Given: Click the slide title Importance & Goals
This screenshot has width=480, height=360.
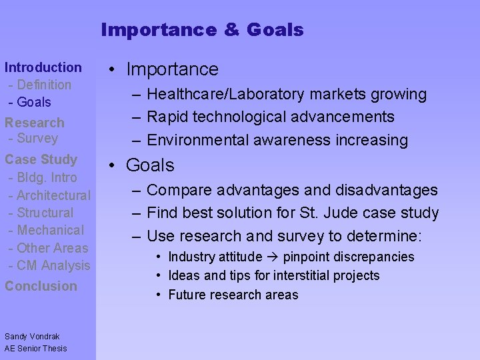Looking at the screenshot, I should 202,30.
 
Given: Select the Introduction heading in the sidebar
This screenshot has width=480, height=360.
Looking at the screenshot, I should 43,67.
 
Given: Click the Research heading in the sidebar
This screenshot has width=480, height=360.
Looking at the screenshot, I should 35,123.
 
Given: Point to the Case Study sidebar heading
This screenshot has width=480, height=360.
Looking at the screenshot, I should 41,159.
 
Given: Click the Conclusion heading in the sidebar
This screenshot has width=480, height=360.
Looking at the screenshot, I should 41,286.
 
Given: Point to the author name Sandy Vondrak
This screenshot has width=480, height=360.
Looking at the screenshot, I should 32,335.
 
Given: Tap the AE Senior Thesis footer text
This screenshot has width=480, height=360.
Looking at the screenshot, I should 36,348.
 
